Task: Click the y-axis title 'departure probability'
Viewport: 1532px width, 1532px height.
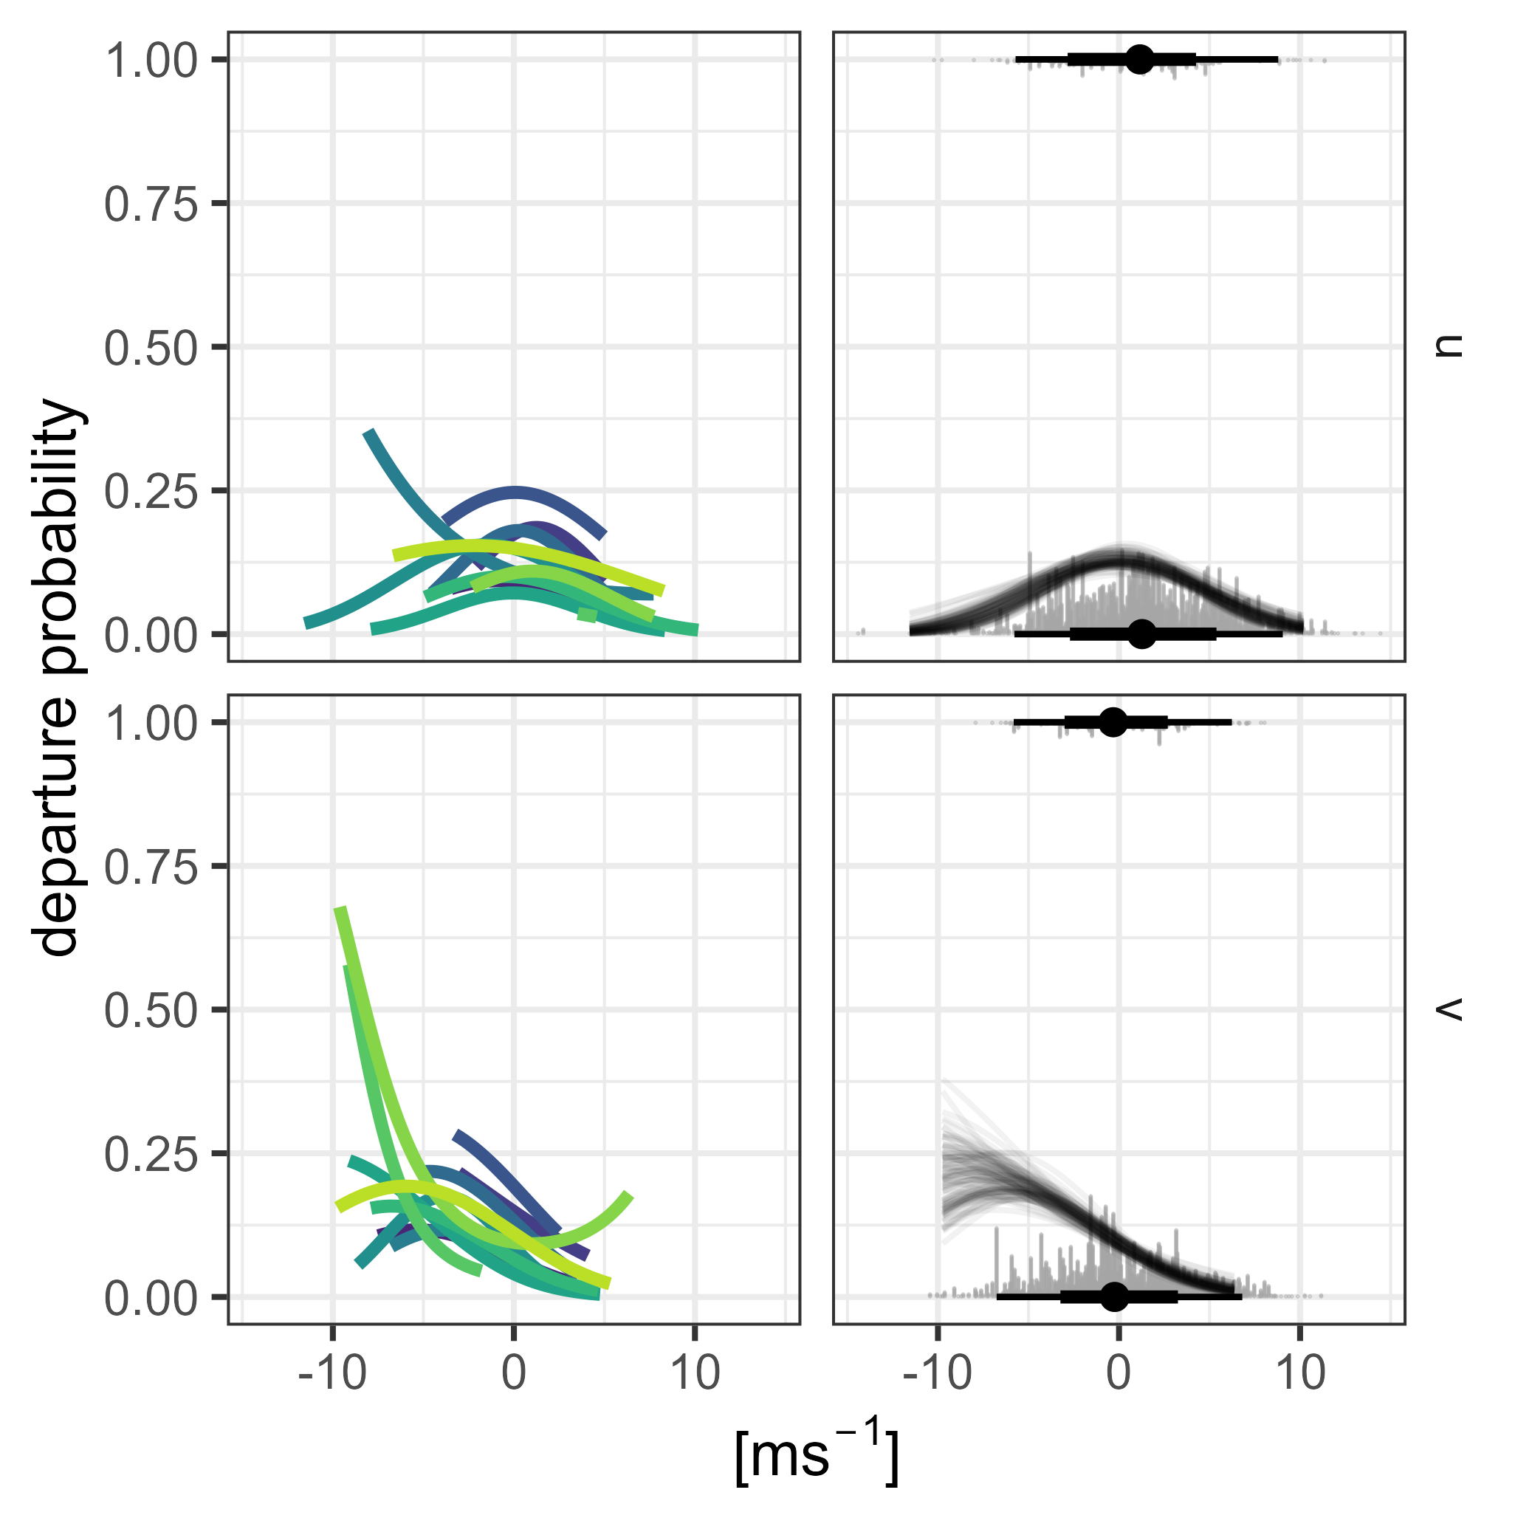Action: click(57, 677)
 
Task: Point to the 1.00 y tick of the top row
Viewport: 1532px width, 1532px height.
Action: click(151, 61)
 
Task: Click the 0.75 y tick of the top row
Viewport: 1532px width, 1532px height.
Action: click(151, 204)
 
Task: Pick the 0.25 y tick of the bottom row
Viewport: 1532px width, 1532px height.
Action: click(151, 1154)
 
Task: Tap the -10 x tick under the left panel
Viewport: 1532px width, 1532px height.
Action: click(332, 1373)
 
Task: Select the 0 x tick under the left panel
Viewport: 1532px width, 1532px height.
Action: click(514, 1373)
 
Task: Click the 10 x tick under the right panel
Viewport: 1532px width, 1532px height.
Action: click(1300, 1373)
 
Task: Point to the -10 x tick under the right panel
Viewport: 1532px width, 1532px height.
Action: click(936, 1373)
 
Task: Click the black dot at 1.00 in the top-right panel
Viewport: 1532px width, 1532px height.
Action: click(1139, 58)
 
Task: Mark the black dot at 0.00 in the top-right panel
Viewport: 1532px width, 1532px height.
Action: click(1141, 633)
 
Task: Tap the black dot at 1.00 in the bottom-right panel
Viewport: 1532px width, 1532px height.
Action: click(1113, 721)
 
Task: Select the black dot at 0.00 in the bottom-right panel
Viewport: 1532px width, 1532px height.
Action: click(1114, 1296)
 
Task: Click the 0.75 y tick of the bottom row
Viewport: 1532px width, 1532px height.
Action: click(151, 867)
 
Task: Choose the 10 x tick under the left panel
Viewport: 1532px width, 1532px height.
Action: click(695, 1373)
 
